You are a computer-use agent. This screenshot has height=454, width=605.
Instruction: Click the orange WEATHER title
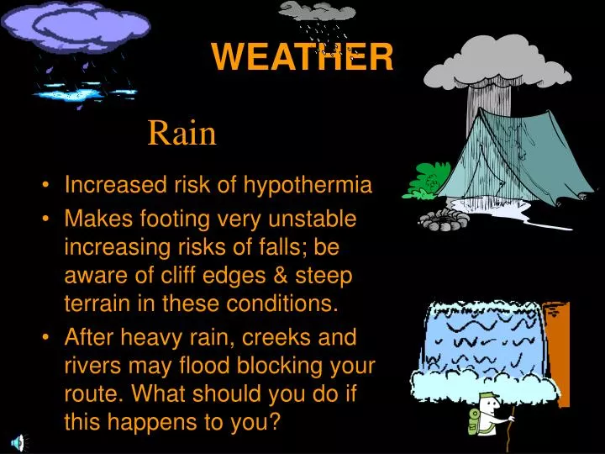302,57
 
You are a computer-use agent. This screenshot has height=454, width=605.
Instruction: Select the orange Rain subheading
182,133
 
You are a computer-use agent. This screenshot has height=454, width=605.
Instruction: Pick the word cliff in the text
197,275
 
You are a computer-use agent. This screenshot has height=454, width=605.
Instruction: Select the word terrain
95,304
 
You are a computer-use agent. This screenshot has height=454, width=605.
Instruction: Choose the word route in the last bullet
92,394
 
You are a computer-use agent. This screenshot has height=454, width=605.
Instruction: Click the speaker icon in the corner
17,443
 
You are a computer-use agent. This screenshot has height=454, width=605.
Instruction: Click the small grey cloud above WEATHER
318,10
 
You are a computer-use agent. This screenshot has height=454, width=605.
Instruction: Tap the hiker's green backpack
474,421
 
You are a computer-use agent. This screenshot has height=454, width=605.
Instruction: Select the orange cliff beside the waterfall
556,336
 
